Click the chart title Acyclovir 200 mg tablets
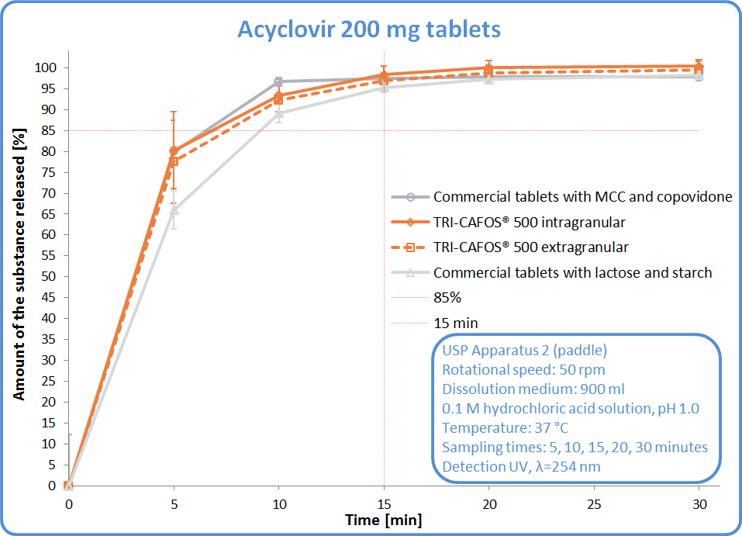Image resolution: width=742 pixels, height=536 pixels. tap(368, 29)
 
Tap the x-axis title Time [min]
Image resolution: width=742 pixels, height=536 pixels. tap(384, 520)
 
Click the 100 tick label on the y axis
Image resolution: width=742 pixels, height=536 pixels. tap(44, 67)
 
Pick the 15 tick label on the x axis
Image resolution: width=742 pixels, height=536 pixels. tap(384, 503)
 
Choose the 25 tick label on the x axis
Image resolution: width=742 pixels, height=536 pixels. tap(594, 503)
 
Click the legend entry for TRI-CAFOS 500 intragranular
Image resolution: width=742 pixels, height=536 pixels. tap(529, 223)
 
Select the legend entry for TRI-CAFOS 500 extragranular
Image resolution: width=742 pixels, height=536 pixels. tap(530, 247)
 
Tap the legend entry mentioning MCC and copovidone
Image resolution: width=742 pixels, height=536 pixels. tap(582, 197)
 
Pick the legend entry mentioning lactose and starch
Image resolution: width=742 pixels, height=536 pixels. tap(572, 272)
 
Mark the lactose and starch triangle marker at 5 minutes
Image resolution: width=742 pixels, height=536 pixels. tap(174, 210)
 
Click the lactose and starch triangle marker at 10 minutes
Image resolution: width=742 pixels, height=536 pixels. tap(279, 114)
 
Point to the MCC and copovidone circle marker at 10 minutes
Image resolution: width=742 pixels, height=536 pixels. tap(279, 81)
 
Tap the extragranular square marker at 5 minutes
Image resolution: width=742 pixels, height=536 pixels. tap(174, 161)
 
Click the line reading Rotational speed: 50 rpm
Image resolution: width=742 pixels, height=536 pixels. tap(523, 369)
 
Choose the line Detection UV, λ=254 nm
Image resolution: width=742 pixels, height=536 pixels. tap(521, 466)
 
